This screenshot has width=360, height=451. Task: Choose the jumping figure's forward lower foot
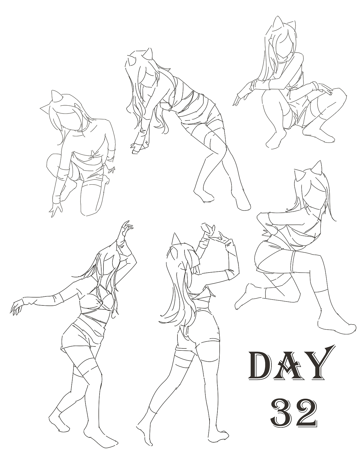(336, 327)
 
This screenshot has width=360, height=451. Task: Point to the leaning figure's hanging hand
(136, 148)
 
